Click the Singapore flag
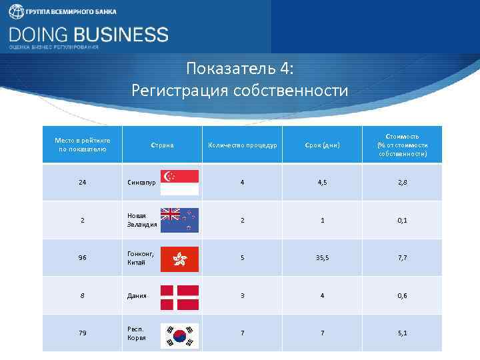click(179, 182)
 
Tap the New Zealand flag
click(179, 219)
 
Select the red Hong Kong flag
click(179, 258)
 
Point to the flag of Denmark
click(179, 296)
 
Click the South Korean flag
click(179, 333)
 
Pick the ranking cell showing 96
click(83, 258)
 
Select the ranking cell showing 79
click(83, 333)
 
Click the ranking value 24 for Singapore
click(83, 182)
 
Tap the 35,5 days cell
click(322, 258)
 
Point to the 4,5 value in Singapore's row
click(322, 182)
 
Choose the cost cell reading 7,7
click(402, 258)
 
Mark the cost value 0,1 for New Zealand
click(402, 220)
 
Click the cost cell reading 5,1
click(402, 333)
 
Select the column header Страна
click(162, 145)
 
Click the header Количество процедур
click(243, 145)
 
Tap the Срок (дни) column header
click(322, 145)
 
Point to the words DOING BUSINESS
click(89, 34)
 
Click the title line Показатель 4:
click(240, 69)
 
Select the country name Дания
click(137, 296)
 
